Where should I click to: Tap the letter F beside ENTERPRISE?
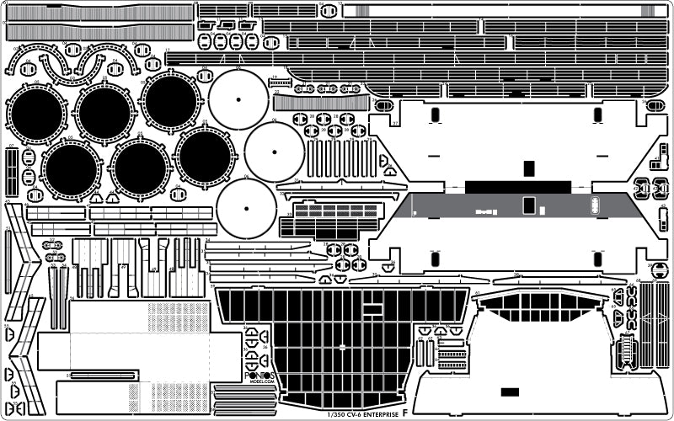point(406,413)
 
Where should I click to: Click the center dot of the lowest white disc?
point(245,207)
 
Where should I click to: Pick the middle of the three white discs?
point(275,152)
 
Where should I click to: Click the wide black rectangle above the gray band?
point(505,186)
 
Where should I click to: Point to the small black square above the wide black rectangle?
point(528,169)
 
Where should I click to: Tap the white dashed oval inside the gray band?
point(595,204)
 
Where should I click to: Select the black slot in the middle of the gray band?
point(528,205)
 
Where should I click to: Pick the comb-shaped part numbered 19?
point(281,83)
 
